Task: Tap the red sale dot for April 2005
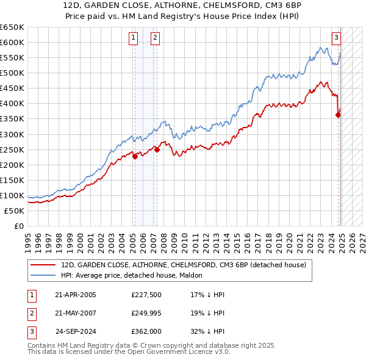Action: pyautogui.click(x=135, y=156)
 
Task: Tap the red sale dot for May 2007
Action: pyautogui.click(x=157, y=149)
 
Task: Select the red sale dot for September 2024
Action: pyautogui.click(x=339, y=114)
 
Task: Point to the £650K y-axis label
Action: pyautogui.click(x=12, y=27)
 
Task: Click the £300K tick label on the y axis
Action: pyautogui.click(x=12, y=134)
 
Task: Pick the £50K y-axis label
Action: pyautogui.click(x=15, y=211)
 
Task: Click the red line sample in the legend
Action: pyautogui.click(x=43, y=265)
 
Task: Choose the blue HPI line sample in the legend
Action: pyautogui.click(x=43, y=276)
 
